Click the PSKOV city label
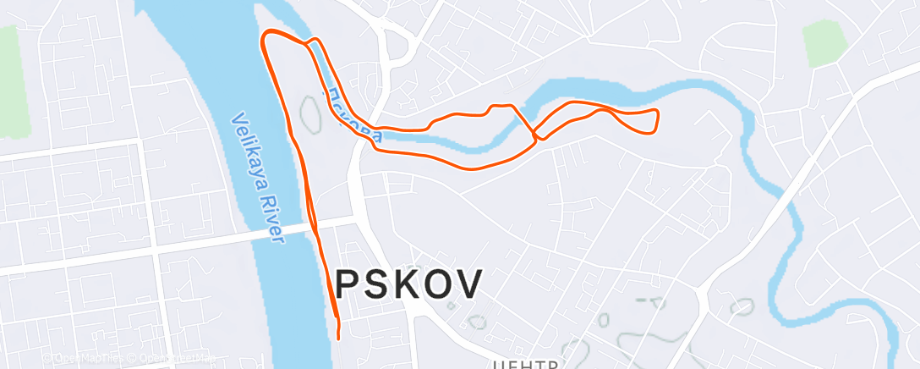click(x=410, y=283)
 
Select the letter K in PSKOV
click(x=410, y=283)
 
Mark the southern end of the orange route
click(x=338, y=338)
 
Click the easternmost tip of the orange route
click(x=658, y=112)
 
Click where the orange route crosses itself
click(x=534, y=134)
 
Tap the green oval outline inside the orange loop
click(x=309, y=113)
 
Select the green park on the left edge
click(x=12, y=80)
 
